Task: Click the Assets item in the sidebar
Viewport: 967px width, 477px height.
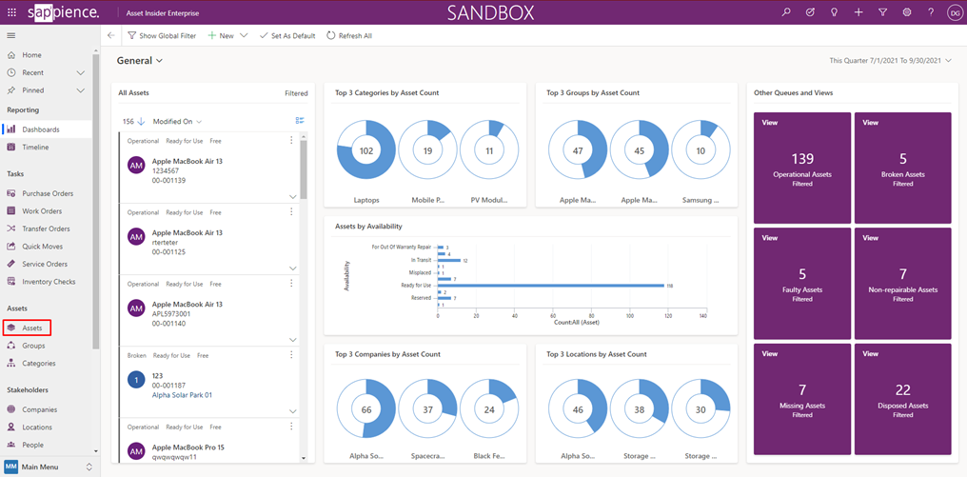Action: [x=31, y=328]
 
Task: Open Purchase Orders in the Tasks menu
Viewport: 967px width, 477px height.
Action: [x=48, y=193]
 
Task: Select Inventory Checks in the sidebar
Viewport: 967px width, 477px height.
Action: [x=48, y=281]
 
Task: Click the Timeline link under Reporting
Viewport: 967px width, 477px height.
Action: [x=35, y=147]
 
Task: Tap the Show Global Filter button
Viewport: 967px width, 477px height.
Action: [x=162, y=35]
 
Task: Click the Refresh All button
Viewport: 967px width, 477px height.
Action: [x=349, y=35]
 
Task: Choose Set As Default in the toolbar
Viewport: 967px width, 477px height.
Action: [x=287, y=35]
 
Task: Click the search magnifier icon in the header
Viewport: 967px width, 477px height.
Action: [x=785, y=12]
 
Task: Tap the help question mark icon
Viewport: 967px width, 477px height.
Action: [x=931, y=12]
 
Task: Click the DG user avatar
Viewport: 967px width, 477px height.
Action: [x=955, y=12]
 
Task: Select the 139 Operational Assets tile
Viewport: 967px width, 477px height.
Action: [x=802, y=168]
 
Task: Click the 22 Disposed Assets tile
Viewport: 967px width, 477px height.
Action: [x=902, y=399]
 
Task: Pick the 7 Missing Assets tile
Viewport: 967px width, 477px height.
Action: [x=802, y=399]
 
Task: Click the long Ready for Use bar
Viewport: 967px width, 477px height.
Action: [x=551, y=285]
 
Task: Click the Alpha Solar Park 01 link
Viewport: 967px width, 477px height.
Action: [x=182, y=395]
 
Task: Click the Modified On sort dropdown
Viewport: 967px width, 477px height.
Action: [x=177, y=122]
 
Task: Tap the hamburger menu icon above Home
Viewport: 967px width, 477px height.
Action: [x=11, y=35]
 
